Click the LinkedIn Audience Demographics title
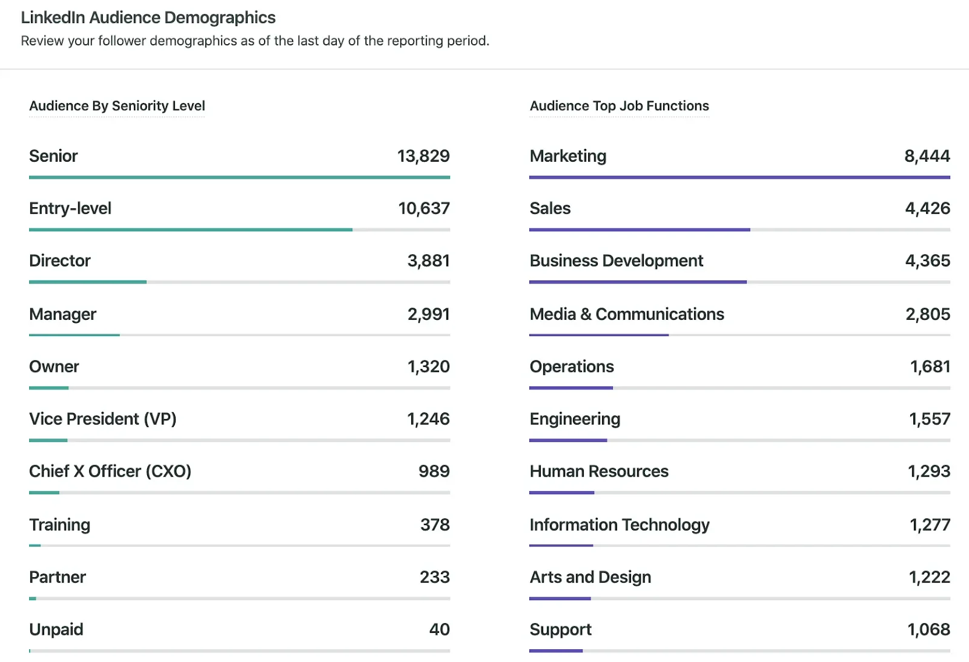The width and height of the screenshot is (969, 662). click(148, 18)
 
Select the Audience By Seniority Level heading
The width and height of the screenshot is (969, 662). click(117, 106)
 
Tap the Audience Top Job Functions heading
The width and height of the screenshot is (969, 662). click(619, 106)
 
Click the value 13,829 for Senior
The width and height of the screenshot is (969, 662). click(423, 156)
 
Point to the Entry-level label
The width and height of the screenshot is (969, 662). click(70, 208)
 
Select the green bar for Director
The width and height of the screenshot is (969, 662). click(88, 282)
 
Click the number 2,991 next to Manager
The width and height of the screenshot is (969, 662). click(428, 314)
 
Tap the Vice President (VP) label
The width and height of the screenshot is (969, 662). click(102, 419)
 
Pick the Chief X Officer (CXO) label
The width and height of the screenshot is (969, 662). click(110, 471)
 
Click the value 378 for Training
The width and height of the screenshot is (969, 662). click(435, 525)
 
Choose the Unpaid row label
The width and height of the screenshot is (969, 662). click(56, 629)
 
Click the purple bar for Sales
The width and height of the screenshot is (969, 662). click(640, 230)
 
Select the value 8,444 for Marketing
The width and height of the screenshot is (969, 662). click(927, 156)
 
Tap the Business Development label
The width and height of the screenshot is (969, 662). click(616, 261)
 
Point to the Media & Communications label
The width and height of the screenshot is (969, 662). click(626, 314)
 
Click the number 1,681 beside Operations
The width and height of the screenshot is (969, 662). click(930, 366)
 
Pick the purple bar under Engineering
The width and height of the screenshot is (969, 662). click(568, 440)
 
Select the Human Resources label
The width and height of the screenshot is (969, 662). click(598, 471)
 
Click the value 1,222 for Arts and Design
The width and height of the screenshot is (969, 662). click(929, 577)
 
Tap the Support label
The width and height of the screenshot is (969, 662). click(560, 630)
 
